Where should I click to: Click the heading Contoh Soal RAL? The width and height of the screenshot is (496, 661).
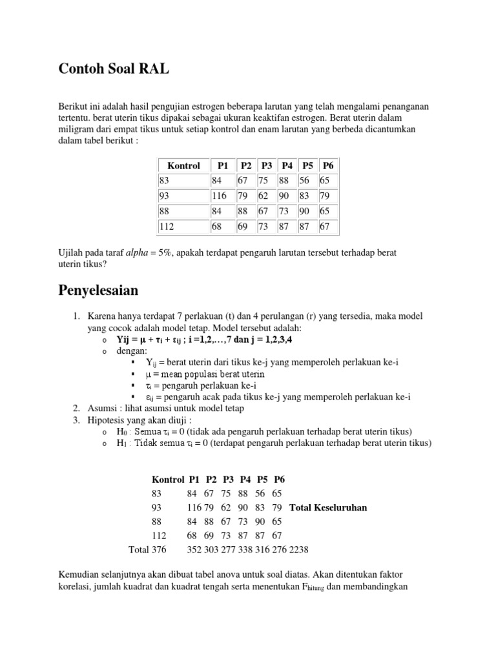[114, 70]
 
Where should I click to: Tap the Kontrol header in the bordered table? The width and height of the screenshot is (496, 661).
[183, 166]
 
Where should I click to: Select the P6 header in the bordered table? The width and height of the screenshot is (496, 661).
[327, 166]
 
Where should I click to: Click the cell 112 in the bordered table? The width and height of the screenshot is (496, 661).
[167, 226]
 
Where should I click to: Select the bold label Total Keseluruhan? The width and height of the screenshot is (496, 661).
[328, 507]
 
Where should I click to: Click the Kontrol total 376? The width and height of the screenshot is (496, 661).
[159, 550]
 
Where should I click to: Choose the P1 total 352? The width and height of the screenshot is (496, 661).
[194, 550]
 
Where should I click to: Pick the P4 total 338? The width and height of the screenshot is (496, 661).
[246, 550]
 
